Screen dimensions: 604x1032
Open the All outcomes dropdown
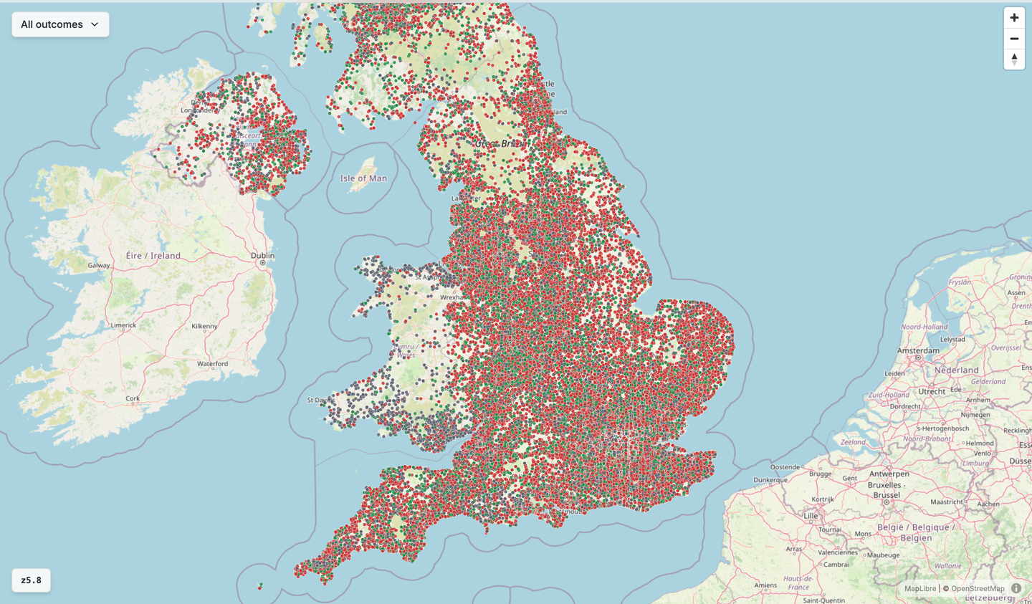click(x=60, y=24)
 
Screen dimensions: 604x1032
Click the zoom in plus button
click(x=1014, y=18)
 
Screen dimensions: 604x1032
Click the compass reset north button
click(x=1014, y=59)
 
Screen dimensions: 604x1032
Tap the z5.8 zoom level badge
click(x=31, y=580)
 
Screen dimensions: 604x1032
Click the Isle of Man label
click(x=363, y=178)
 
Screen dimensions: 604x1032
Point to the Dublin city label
click(x=262, y=256)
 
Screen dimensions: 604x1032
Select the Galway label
click(x=99, y=266)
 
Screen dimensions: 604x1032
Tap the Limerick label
click(x=123, y=325)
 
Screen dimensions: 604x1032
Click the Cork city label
click(x=132, y=399)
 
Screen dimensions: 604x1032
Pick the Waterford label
click(x=212, y=364)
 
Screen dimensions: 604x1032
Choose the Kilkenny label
click(x=204, y=327)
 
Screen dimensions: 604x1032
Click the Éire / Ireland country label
click(x=153, y=256)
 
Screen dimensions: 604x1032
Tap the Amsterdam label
click(x=917, y=351)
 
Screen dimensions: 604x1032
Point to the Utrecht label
click(x=932, y=392)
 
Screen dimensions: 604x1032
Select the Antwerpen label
click(x=889, y=474)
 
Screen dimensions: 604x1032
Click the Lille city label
click(x=811, y=516)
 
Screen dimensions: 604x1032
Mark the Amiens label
click(x=766, y=585)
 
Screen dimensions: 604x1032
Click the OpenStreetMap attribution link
click(x=978, y=589)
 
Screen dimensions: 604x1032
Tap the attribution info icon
click(x=1016, y=588)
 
